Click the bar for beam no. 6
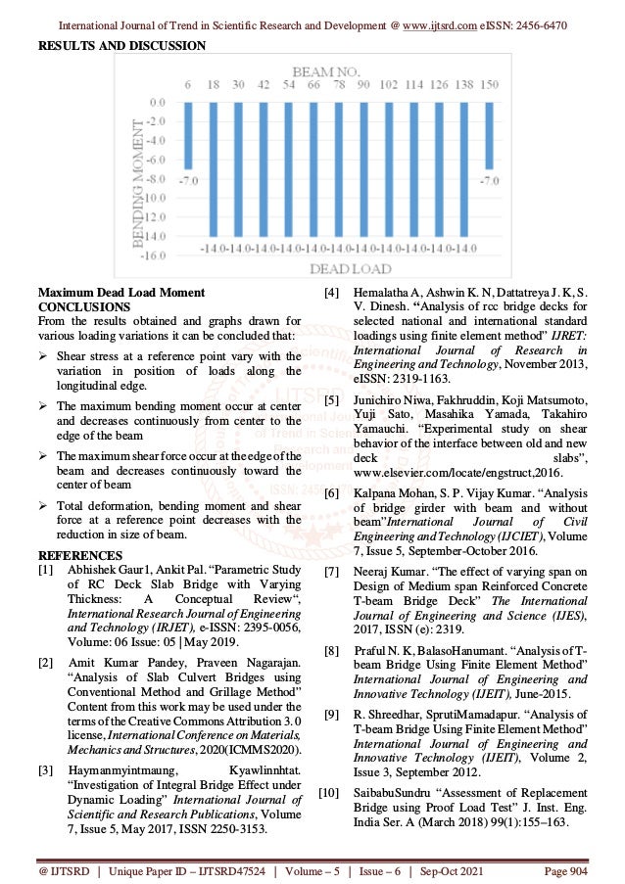click(x=188, y=134)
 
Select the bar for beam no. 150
click(x=489, y=134)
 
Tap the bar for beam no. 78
click(x=338, y=166)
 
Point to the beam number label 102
click(x=388, y=86)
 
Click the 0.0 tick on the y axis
click(x=157, y=102)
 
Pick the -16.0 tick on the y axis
click(x=153, y=255)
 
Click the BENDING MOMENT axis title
click(x=134, y=176)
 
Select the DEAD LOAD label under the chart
click(x=351, y=269)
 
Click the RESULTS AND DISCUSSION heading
click(x=121, y=45)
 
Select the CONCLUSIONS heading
click(x=77, y=305)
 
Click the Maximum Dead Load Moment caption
click(x=120, y=292)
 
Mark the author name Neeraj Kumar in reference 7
click(x=386, y=571)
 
